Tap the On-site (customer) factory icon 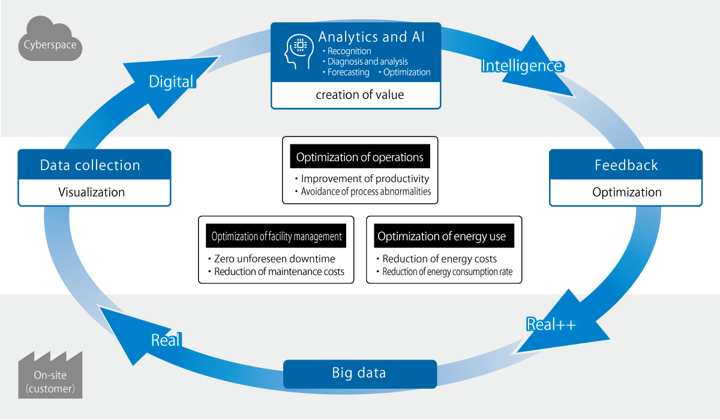pos(50,377)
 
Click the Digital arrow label pos(172,81)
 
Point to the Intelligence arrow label pos(522,65)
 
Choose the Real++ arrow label pos(551,324)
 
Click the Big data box pos(359,373)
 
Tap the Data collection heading pos(90,165)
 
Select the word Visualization pos(91,192)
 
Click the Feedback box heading pos(626,165)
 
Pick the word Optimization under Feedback pos(626,192)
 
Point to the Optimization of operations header pos(360,158)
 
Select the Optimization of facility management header pos(277,237)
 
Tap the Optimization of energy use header pos(442,237)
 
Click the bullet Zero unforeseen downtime pos(275,259)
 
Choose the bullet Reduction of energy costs pos(440,259)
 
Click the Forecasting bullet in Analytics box pos(348,72)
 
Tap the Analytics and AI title pos(371,37)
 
